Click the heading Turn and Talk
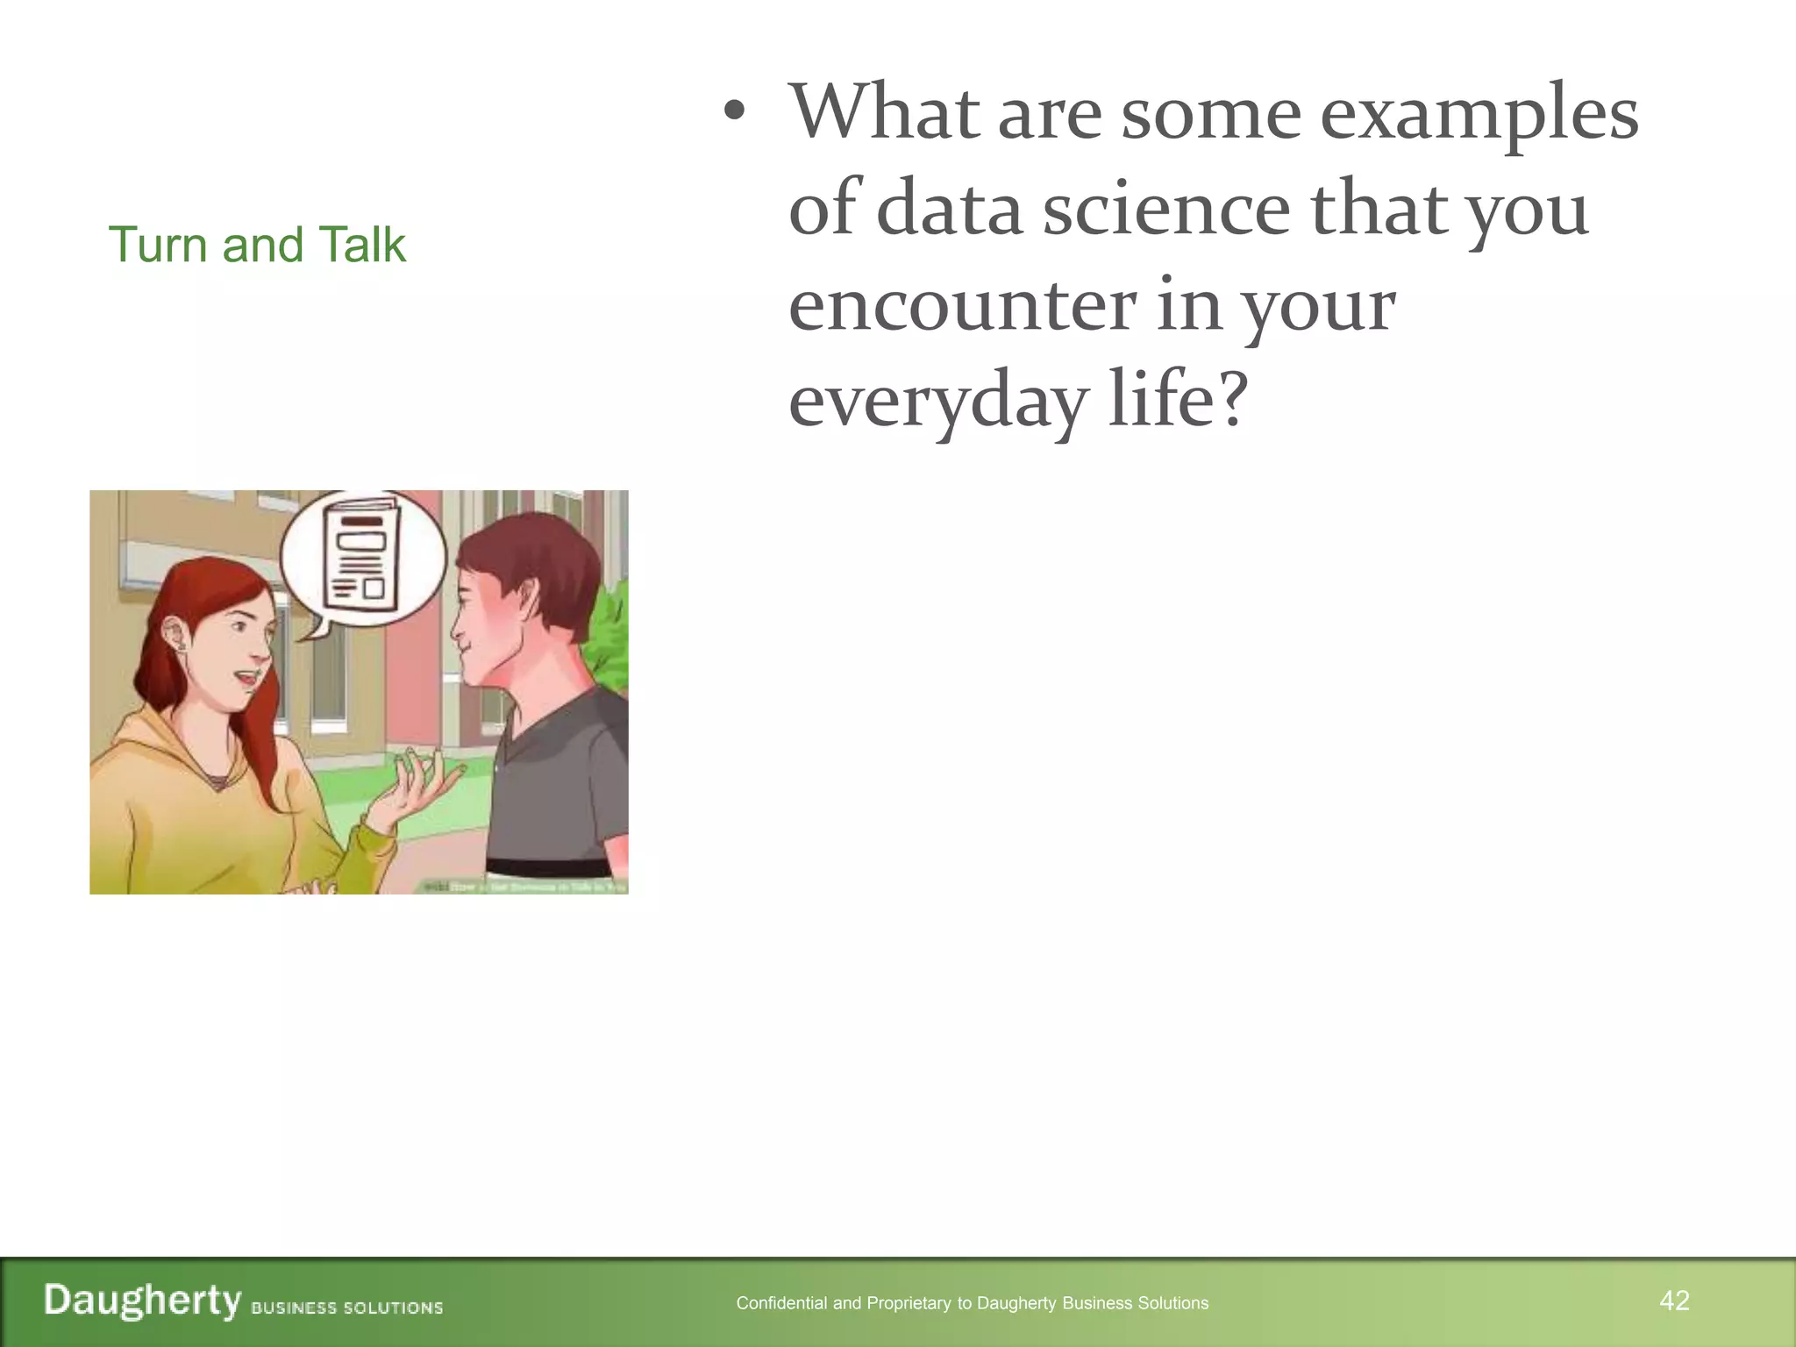(x=256, y=245)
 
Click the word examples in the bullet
(x=1479, y=114)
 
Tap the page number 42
(x=1674, y=1301)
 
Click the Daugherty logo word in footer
(x=142, y=1301)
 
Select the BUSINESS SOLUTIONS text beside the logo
(x=346, y=1308)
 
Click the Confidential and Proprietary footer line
(x=972, y=1303)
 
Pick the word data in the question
(x=949, y=210)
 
